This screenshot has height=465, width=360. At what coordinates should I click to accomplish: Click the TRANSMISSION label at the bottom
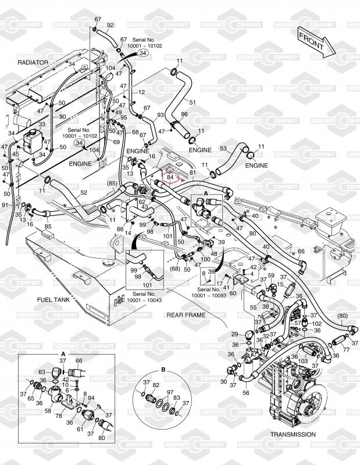tap(293, 434)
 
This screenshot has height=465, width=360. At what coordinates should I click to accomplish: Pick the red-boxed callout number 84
tap(170, 176)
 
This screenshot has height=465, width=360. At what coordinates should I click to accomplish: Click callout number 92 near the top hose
tap(111, 25)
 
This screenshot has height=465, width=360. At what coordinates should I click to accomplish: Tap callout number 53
tap(222, 149)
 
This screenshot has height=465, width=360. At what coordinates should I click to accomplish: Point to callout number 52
tap(84, 192)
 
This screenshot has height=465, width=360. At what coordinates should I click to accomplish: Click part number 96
tap(184, 114)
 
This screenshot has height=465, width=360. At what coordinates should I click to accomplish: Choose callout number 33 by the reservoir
tap(42, 124)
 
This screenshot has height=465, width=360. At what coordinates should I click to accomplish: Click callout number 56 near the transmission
tap(245, 393)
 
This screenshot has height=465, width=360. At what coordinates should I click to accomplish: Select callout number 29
tap(234, 334)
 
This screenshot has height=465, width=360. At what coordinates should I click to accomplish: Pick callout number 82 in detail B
tap(155, 385)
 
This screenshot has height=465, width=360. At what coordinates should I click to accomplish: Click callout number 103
tap(302, 361)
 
